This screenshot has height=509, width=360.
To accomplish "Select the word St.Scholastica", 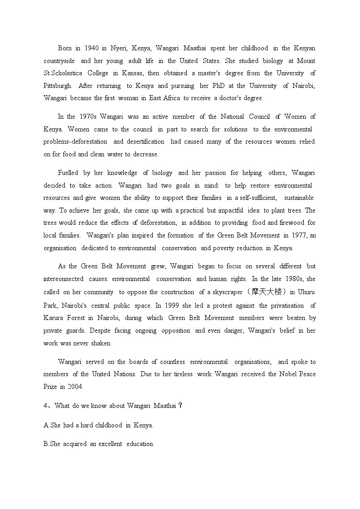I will [63, 73].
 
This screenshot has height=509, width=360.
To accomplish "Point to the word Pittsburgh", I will [58, 86].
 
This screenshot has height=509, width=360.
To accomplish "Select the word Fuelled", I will [68, 173].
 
